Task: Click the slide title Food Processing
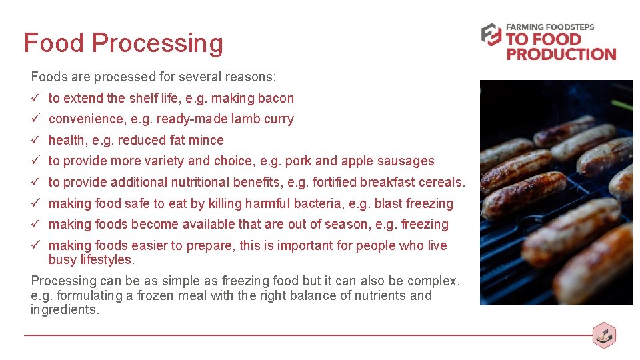pyautogui.click(x=123, y=43)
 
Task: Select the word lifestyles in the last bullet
pyautogui.click(x=107, y=260)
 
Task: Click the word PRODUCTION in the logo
pyautogui.click(x=561, y=54)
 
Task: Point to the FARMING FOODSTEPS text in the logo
pyautogui.click(x=550, y=27)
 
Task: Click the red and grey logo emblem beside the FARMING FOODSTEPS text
pyautogui.click(x=491, y=35)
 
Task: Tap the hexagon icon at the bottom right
pyautogui.click(x=604, y=335)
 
